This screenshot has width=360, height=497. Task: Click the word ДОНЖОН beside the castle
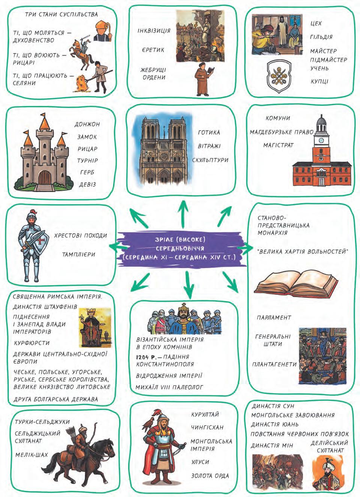(x=87, y=124)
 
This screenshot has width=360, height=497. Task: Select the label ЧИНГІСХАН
(x=207, y=428)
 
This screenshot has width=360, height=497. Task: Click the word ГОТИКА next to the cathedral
(x=209, y=132)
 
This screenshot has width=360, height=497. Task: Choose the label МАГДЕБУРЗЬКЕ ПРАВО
(x=282, y=132)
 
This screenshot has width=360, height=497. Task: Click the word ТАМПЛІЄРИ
(x=78, y=254)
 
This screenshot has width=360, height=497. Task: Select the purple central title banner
(x=180, y=249)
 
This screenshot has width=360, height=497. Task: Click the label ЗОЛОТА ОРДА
(x=210, y=476)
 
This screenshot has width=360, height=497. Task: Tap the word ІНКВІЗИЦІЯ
(x=154, y=30)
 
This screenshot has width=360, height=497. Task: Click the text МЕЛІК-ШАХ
(x=31, y=455)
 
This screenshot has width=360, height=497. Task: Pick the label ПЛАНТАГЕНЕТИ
(x=274, y=364)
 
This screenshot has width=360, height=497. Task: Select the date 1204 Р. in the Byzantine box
(x=144, y=357)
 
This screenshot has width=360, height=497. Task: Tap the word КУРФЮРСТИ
(x=31, y=343)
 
